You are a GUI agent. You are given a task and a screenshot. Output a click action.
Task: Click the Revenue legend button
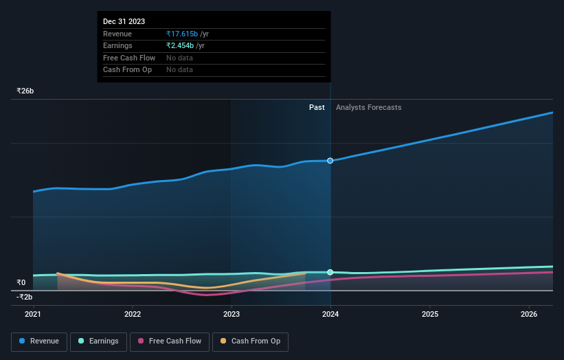(x=39, y=341)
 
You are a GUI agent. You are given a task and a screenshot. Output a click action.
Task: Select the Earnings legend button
(x=98, y=341)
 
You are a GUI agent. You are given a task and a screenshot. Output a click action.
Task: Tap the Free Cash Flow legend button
(x=170, y=341)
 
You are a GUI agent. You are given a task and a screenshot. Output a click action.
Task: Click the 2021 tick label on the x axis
(x=33, y=315)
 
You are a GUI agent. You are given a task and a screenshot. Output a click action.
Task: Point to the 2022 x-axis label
(x=133, y=315)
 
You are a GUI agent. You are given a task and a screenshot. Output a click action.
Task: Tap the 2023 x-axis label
(x=232, y=315)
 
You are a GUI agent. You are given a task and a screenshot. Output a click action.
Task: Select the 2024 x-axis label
(x=330, y=315)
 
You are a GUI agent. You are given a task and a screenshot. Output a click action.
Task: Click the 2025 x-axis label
(x=430, y=315)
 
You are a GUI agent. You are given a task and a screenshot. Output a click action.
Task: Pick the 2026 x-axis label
(x=529, y=315)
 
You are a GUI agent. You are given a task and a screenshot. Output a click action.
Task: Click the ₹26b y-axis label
(x=25, y=91)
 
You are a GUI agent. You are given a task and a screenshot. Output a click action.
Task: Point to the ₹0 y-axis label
(x=21, y=282)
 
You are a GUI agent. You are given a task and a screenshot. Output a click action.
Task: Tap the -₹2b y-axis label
(x=25, y=297)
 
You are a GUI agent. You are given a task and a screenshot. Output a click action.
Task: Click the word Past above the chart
(x=317, y=107)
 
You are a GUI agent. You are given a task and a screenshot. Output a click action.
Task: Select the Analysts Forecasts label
(x=368, y=107)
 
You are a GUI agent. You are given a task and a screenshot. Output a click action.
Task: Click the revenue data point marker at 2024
(x=330, y=161)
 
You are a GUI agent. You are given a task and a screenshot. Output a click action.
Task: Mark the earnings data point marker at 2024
(x=330, y=272)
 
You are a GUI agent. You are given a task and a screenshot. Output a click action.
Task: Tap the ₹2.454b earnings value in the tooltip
(x=180, y=45)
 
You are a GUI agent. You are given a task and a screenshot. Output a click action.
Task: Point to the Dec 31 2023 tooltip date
(x=124, y=22)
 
